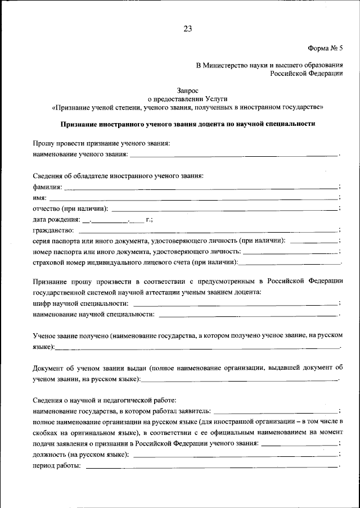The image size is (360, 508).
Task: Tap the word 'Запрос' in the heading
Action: (187, 89)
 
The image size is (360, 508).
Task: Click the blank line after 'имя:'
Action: (194, 198)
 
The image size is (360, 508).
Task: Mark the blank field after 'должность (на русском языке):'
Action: (236, 455)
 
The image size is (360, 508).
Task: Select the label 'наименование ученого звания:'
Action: (80, 154)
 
